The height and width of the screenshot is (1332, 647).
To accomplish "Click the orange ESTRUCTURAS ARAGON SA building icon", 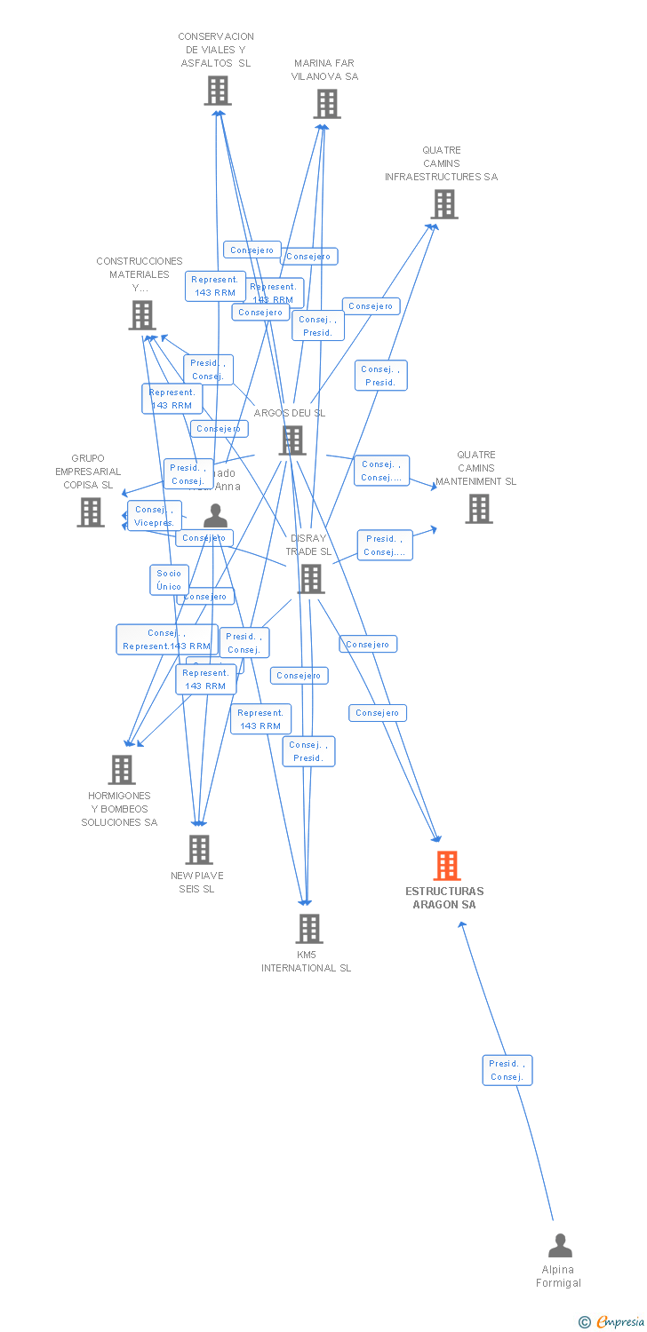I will [x=446, y=866].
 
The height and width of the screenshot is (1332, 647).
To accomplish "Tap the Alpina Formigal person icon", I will [x=560, y=1246].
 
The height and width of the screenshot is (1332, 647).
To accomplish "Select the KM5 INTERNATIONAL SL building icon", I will [x=308, y=929].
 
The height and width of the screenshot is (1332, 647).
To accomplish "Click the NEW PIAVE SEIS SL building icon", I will [x=199, y=850].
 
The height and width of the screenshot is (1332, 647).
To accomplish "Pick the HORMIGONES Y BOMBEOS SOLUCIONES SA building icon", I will [x=122, y=770].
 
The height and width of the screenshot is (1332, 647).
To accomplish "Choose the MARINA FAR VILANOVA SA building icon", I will [x=327, y=104].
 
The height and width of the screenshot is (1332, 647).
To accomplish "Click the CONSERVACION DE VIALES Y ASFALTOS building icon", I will [x=218, y=91].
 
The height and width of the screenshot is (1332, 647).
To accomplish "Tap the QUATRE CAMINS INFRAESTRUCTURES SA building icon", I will [x=444, y=204].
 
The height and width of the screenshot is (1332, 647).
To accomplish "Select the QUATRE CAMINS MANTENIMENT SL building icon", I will [x=478, y=509].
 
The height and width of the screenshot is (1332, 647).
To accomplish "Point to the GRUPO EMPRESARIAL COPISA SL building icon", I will [x=90, y=512].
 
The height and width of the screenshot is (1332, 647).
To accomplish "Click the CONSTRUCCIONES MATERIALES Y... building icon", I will [x=142, y=315].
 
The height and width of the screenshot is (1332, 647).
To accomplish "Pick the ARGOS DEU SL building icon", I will [x=292, y=440].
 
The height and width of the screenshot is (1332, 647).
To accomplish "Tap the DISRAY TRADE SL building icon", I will [x=311, y=579].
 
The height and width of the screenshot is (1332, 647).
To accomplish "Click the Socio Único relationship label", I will [x=169, y=580].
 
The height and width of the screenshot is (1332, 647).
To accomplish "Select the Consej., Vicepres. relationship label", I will [x=154, y=516].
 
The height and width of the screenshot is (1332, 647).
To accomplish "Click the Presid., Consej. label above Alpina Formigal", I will [x=507, y=1070].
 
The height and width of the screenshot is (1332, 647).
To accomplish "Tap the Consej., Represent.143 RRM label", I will [x=166, y=639].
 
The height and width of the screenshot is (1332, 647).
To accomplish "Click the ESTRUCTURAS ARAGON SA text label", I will [x=444, y=898].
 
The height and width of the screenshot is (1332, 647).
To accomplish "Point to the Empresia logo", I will [x=612, y=1322].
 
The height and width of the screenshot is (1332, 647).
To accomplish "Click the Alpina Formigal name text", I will [x=559, y=1276].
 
